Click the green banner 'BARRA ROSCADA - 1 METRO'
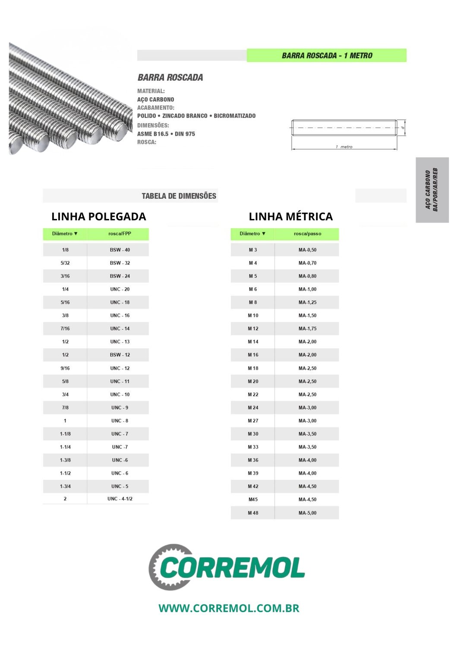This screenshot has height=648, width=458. click(326, 55)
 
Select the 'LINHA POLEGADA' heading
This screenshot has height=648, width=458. click(98, 216)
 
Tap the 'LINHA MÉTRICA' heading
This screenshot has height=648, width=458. click(291, 216)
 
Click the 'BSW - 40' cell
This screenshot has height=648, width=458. click(120, 250)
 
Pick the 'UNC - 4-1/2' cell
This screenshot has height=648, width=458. click(120, 499)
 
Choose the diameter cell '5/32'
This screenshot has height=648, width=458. click(65, 263)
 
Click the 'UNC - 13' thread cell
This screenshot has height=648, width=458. click(120, 342)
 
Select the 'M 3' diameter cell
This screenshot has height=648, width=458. click(253, 250)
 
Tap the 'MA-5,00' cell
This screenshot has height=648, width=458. click(307, 513)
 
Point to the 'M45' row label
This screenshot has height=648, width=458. click(253, 499)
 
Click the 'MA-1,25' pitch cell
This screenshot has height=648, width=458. click(307, 302)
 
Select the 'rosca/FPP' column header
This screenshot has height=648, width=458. click(120, 234)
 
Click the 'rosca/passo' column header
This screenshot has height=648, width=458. click(307, 234)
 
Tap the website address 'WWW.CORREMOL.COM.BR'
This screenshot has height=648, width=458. click(229, 608)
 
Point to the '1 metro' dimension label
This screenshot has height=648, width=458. click(344, 147)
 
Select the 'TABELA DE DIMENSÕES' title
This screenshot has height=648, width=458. click(179, 196)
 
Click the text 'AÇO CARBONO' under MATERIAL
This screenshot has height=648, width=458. click(155, 99)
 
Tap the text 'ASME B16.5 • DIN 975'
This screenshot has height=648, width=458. click(166, 134)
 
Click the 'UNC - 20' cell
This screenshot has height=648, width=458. click(120, 289)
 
